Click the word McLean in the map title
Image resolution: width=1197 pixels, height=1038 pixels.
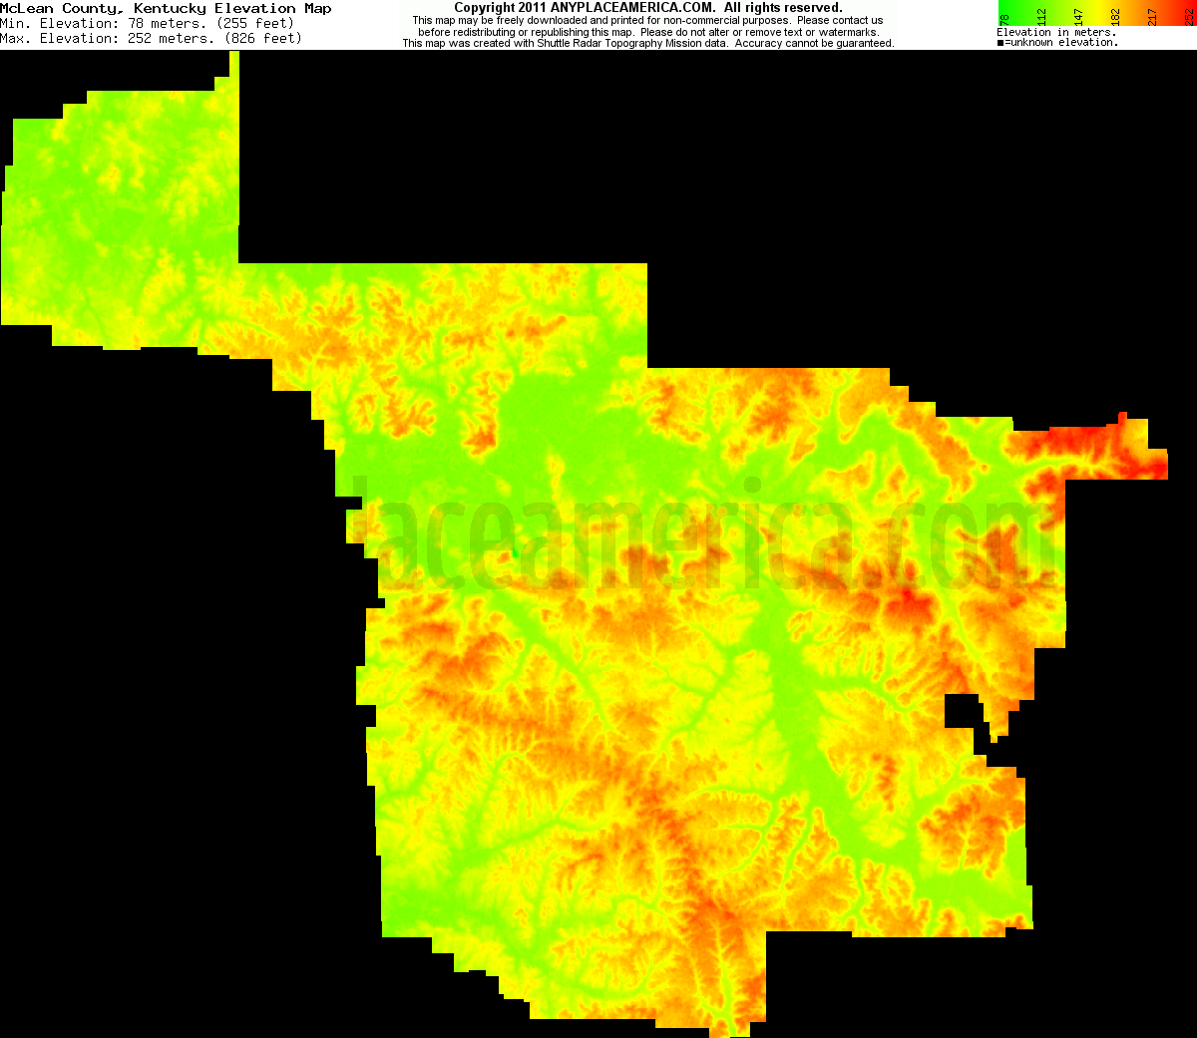coord(26,8)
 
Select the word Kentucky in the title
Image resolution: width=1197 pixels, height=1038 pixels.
coord(170,8)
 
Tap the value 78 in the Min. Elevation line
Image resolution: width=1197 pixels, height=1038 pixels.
coord(136,23)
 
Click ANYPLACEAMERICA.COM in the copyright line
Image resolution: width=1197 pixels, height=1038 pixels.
coord(632,8)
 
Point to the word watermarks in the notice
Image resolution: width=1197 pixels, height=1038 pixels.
coord(849,32)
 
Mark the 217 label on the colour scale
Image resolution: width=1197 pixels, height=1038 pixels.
coord(1153,17)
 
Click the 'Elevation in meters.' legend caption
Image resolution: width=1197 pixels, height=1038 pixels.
coord(1055,32)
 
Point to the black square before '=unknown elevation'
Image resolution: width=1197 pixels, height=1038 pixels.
coord(1000,43)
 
